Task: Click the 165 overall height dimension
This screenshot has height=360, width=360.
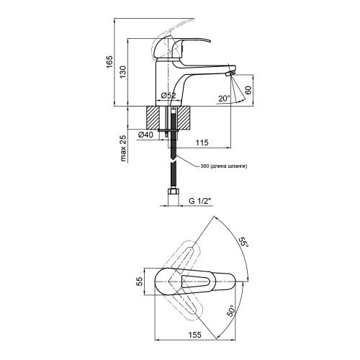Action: [109, 62]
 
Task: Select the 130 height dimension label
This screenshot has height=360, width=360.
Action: [123, 72]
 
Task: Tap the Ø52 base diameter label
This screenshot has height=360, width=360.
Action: [168, 96]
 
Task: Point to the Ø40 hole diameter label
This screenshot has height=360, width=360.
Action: [145, 135]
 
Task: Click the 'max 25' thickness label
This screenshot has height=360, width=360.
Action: [123, 148]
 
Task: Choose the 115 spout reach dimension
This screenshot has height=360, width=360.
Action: [202, 143]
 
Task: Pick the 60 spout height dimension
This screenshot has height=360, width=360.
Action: [248, 90]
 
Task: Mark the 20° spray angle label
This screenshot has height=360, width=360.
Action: [224, 99]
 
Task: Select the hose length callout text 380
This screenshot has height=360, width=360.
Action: [204, 166]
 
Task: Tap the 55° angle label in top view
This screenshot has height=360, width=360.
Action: [244, 243]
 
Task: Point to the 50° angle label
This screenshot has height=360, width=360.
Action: [231, 311]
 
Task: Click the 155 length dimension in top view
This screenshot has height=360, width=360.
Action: [195, 335]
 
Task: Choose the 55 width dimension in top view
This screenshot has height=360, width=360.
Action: [140, 281]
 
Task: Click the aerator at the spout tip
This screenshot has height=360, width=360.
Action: [230, 73]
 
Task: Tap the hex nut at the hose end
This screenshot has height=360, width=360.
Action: [174, 192]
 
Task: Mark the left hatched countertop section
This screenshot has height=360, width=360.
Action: [153, 117]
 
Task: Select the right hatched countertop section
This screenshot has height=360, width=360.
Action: [184, 117]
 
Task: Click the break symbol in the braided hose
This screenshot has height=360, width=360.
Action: [173, 160]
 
